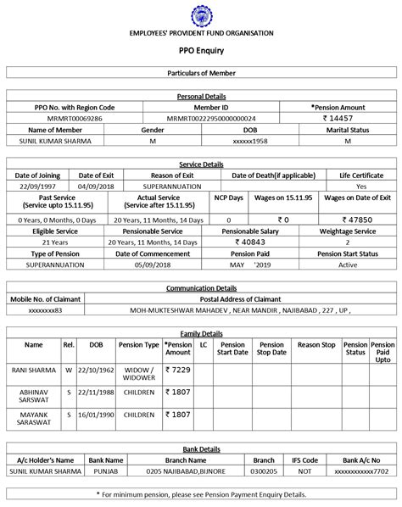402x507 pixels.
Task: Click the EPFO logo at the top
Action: (x=201, y=14)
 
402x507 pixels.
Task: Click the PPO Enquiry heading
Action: (x=201, y=51)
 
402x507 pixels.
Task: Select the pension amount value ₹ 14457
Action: (x=337, y=120)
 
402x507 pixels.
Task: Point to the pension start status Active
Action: (x=349, y=264)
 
